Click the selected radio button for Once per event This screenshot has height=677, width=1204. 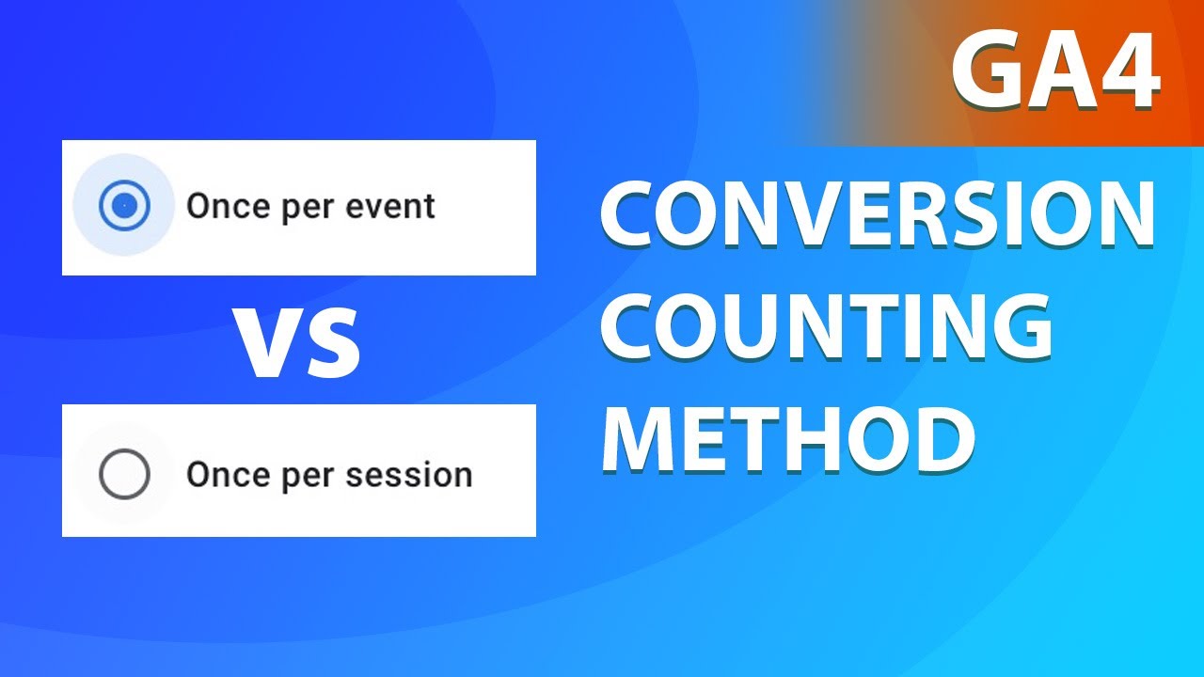pos(124,205)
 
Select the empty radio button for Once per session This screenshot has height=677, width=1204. pos(124,475)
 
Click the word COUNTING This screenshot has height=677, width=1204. pos(827,326)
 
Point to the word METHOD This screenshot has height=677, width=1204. pos(788,436)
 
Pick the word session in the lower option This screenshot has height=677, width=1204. pos(408,475)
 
